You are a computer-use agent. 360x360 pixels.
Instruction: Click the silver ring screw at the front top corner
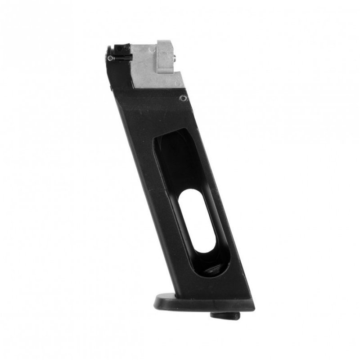(110, 58)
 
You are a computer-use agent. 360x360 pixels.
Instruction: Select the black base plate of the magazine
(202, 302)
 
